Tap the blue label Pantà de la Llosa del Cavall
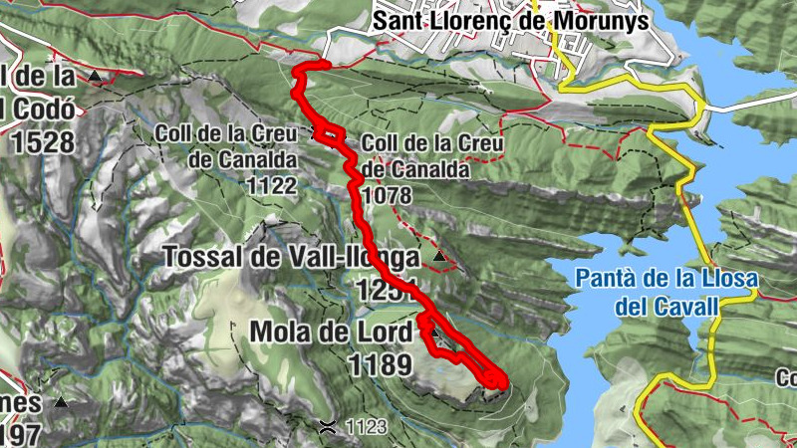[666, 292]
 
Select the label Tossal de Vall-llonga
[291, 258]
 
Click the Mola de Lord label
[331, 332]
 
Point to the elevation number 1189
[380, 364]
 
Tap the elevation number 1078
[389, 196]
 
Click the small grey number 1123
[366, 428]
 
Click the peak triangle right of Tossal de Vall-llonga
[440, 258]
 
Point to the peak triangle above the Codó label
[95, 76]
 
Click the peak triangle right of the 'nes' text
[62, 403]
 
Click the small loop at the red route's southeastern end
[495, 378]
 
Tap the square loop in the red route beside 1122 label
[332, 133]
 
